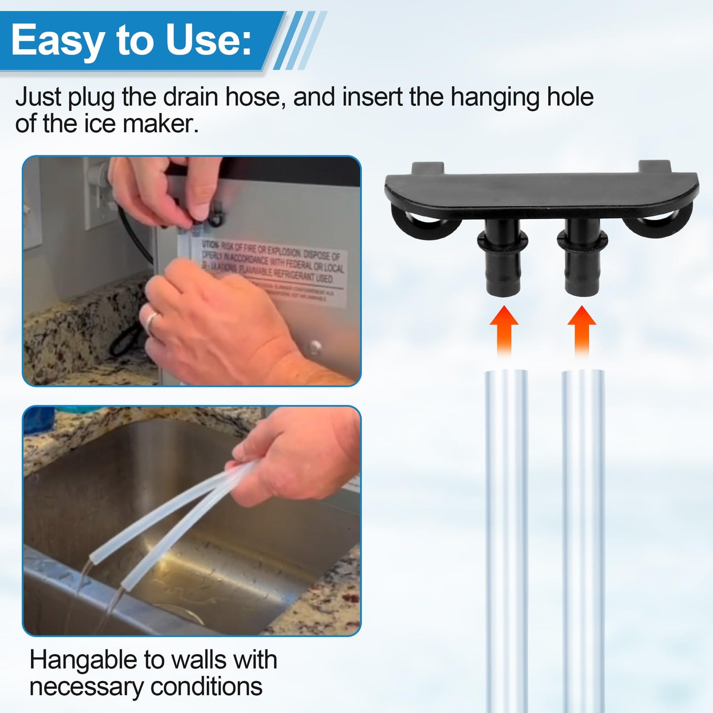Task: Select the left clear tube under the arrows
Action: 506,538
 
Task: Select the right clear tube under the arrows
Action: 583,538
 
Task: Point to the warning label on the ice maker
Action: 271,269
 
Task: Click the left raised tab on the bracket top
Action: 428,168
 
